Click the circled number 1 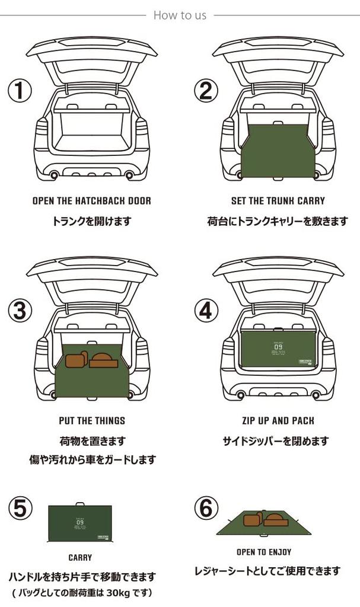pyautogui.click(x=19, y=91)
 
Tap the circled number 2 pyautogui.click(x=206, y=91)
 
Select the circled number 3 pyautogui.click(x=19, y=310)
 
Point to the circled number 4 pyautogui.click(x=206, y=310)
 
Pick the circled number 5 pyautogui.click(x=19, y=509)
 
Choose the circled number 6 pyautogui.click(x=206, y=509)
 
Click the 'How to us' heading pyautogui.click(x=180, y=15)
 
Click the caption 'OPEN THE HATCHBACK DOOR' pyautogui.click(x=91, y=201)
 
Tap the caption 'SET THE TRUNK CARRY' pyautogui.click(x=278, y=201)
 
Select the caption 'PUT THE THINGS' pyautogui.click(x=91, y=421)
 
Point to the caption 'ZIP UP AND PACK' pyautogui.click(x=278, y=421)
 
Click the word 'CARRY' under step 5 pyautogui.click(x=80, y=558)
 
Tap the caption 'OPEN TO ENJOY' pyautogui.click(x=264, y=552)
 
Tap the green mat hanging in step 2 pyautogui.click(x=278, y=151)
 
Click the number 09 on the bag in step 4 pyautogui.click(x=278, y=347)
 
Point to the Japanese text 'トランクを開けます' pyautogui.click(x=91, y=221)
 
